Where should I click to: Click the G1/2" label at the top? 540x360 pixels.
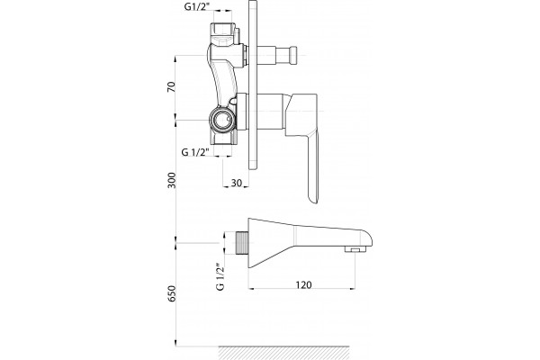(x=196, y=6)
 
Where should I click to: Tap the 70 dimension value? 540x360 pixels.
(x=171, y=86)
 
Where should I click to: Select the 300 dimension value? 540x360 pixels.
(x=171, y=180)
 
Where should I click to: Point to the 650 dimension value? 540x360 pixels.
(x=171, y=293)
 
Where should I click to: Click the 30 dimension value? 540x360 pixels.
(x=236, y=183)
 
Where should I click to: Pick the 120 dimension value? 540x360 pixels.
(x=303, y=285)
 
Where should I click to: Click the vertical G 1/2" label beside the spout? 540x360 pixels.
(x=220, y=276)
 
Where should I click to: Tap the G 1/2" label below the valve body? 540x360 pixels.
(x=195, y=152)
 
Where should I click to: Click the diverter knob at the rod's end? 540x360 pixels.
(x=293, y=55)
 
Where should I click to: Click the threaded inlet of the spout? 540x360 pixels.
(x=242, y=243)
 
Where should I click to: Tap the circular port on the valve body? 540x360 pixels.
(x=223, y=121)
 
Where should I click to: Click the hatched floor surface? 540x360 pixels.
(x=284, y=353)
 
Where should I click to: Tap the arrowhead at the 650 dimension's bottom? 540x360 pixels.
(x=176, y=343)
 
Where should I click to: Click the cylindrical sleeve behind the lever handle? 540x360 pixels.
(x=270, y=112)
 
